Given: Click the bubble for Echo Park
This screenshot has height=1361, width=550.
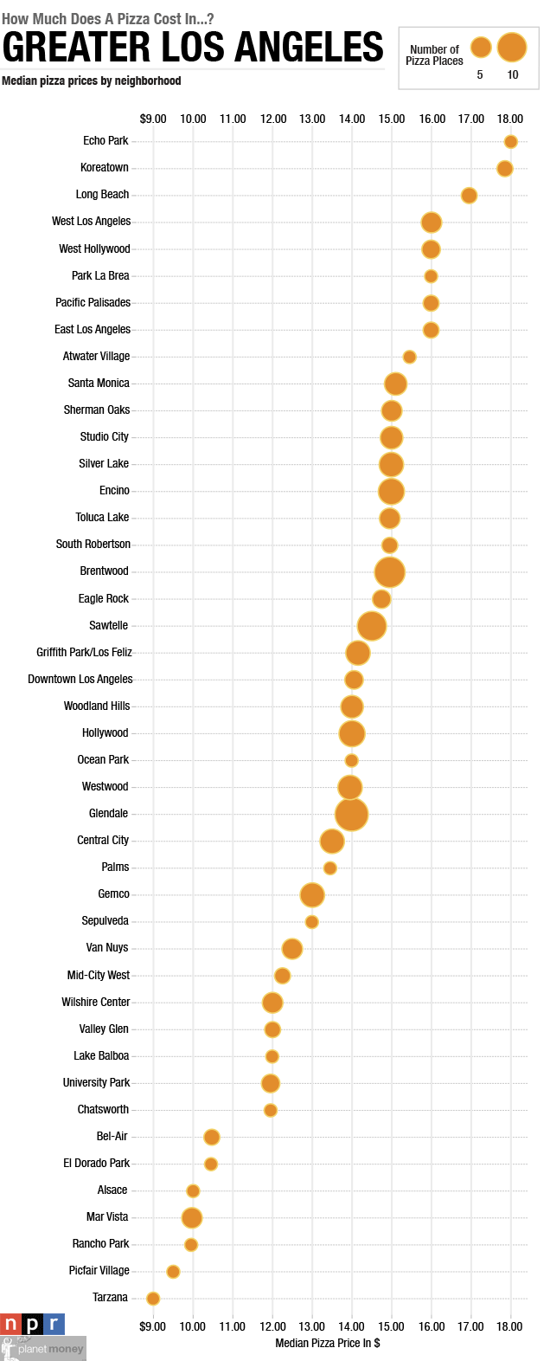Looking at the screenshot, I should [510, 142].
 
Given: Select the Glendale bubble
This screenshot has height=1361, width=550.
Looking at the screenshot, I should [351, 814].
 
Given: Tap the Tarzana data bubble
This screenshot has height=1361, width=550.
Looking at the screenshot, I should [153, 1298].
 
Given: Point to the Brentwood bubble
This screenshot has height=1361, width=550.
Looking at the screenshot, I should [390, 571].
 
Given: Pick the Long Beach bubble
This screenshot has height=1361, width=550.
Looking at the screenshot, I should [469, 196].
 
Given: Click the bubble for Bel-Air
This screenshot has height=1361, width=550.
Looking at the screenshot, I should [212, 1137].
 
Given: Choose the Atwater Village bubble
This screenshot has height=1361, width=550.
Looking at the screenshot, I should [409, 357].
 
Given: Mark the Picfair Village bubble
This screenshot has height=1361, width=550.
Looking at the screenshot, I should [173, 1271].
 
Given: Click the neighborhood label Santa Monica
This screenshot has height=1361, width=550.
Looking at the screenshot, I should [99, 383].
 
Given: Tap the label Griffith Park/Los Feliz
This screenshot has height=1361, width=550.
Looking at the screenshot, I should [84, 652].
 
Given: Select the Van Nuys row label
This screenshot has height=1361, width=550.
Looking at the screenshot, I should [107, 947].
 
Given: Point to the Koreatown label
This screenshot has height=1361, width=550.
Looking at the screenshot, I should [104, 167].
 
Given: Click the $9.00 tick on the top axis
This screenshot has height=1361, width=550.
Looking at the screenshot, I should [153, 119].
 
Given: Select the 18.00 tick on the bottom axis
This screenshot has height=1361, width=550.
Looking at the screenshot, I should [509, 1326].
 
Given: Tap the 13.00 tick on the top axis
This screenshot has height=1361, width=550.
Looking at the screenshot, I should [312, 119].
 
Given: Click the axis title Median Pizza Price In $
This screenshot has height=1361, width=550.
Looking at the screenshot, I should [327, 1343].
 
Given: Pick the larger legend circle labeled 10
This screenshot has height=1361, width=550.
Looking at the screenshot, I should [512, 47].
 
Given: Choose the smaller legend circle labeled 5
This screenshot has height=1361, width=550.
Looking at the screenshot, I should [481, 47].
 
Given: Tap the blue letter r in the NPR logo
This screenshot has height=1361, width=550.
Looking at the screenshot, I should [54, 1324].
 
